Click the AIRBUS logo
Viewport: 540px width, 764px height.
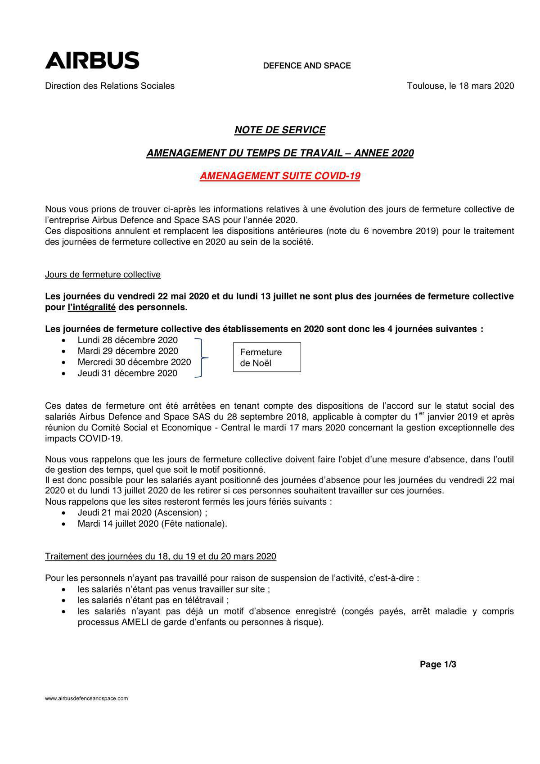point(92,60)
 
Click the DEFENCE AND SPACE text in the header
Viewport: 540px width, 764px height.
point(307,66)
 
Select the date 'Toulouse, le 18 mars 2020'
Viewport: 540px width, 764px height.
point(460,86)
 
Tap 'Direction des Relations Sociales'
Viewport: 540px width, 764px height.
point(110,86)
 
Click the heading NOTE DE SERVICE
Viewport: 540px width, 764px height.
point(280,130)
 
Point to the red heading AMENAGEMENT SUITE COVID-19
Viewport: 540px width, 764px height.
point(280,176)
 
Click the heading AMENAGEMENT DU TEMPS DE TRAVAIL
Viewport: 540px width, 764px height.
point(280,153)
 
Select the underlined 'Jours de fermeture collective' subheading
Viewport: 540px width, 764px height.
point(103,275)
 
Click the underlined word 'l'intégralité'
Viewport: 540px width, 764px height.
point(92,307)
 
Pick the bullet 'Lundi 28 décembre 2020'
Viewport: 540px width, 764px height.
point(127,340)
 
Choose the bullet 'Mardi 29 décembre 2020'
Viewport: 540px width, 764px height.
point(128,351)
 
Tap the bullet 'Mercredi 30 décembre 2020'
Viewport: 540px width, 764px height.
point(134,362)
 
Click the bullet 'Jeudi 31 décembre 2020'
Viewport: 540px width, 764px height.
point(127,373)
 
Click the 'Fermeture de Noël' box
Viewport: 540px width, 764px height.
point(266,357)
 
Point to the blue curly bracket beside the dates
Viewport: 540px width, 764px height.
point(201,358)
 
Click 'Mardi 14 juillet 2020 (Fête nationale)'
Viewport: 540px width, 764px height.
point(152,524)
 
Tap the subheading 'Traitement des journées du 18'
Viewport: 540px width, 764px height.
point(161,556)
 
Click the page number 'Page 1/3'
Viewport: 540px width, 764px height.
point(437,665)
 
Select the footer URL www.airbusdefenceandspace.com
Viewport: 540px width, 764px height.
point(86,699)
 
